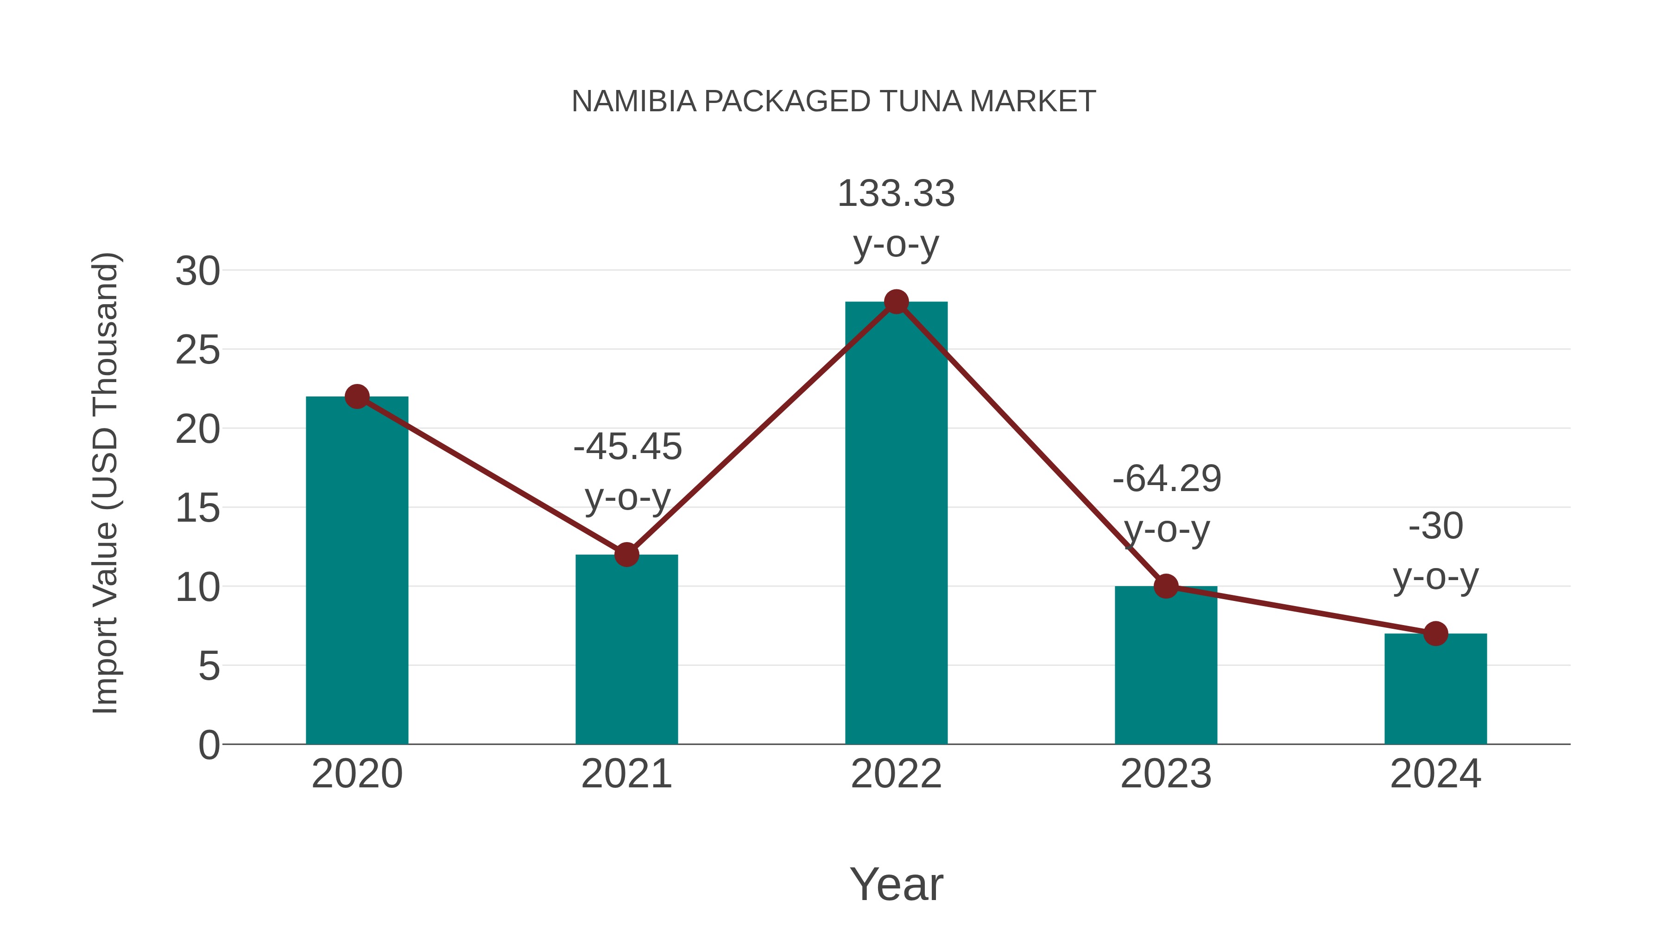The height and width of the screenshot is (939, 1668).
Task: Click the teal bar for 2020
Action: pyautogui.click(x=357, y=570)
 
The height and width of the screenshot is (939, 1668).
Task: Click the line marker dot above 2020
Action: pyautogui.click(x=357, y=396)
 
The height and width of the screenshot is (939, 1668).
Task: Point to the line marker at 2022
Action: pyautogui.click(x=896, y=302)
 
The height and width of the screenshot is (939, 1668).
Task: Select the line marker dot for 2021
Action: pyautogui.click(x=626, y=555)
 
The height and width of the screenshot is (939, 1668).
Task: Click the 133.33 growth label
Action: pyautogui.click(x=896, y=194)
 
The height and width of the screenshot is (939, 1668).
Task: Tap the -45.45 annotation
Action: pyautogui.click(x=627, y=447)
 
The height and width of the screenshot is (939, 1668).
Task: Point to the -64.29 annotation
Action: pyautogui.click(x=1167, y=479)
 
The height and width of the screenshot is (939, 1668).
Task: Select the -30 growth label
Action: pyautogui.click(x=1435, y=525)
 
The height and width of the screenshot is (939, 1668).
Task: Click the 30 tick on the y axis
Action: pyautogui.click(x=197, y=271)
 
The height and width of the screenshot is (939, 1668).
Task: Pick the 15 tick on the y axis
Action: pyautogui.click(x=197, y=508)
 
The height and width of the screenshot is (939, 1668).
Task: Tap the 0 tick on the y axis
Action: pyautogui.click(x=208, y=745)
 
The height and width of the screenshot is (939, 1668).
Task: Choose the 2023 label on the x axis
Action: pyautogui.click(x=1166, y=774)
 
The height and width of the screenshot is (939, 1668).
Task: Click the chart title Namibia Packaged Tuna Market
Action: pyautogui.click(x=834, y=102)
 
